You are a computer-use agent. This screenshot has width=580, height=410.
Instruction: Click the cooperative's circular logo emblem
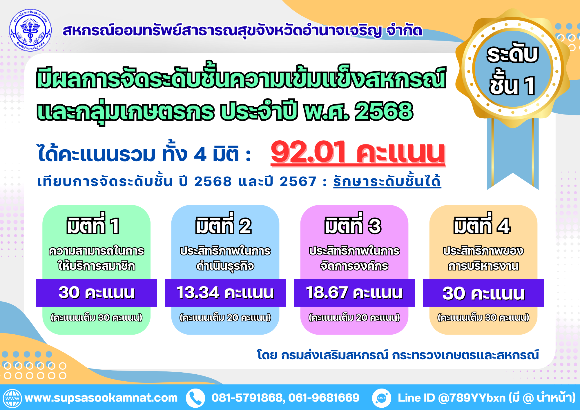pyautogui.click(x=30, y=30)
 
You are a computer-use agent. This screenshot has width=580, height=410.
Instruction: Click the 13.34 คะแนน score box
pyautogui.click(x=225, y=293)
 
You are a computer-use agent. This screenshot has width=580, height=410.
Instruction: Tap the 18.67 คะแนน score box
pyautogui.click(x=354, y=293)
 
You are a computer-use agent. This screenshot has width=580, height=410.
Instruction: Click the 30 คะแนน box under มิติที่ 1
pyautogui.click(x=96, y=293)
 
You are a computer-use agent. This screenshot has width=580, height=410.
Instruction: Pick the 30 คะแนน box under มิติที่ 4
pyautogui.click(x=483, y=293)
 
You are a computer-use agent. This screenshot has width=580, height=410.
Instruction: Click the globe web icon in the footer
pyautogui.click(x=12, y=398)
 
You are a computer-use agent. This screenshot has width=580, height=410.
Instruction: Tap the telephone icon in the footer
pyautogui.click(x=195, y=398)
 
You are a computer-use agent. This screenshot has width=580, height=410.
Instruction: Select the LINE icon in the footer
pyautogui.click(x=381, y=398)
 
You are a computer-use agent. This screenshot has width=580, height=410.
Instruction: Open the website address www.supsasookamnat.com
pyautogui.click(x=101, y=398)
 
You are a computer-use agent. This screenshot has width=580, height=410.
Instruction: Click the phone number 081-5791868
pyautogui.click(x=247, y=398)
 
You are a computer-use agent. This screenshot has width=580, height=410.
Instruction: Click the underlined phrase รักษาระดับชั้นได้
pyautogui.click(x=387, y=181)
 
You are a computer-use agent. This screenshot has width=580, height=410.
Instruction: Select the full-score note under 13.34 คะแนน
pyautogui.click(x=225, y=318)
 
